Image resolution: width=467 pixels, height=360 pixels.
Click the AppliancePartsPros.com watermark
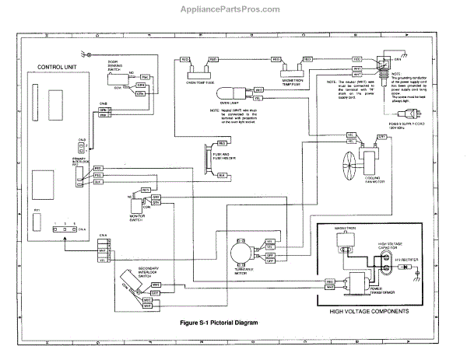click(x=233, y=9)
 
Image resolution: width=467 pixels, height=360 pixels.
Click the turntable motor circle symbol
click(x=238, y=252)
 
